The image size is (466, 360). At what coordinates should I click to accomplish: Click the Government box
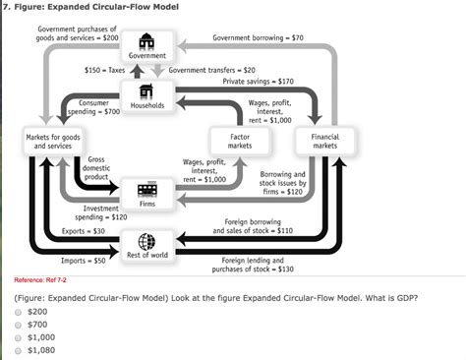point(146,46)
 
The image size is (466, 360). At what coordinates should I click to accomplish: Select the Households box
point(146,96)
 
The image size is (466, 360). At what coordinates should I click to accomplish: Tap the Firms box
point(146,194)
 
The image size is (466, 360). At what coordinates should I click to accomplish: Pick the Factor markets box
point(239,140)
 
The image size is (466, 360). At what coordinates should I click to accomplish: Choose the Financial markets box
point(323,140)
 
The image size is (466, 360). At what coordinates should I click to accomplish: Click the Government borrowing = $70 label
point(258,37)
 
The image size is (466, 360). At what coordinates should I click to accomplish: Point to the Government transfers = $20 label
point(211,71)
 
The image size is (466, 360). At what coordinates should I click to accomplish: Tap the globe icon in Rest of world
point(146,241)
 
